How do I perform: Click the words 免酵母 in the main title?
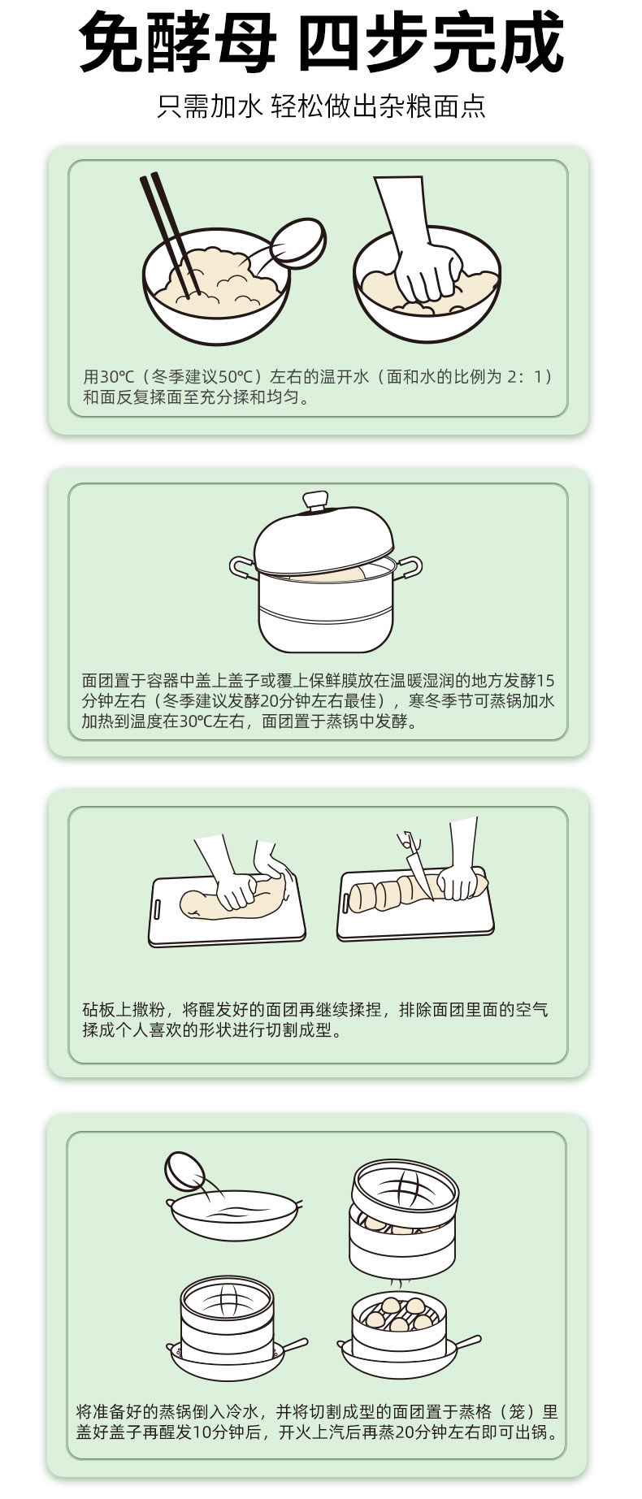tap(178, 43)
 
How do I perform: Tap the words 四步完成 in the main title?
tap(432, 43)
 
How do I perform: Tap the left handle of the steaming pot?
tap(242, 567)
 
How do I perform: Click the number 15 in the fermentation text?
tap(546, 680)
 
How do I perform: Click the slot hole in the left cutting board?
tap(159, 907)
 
